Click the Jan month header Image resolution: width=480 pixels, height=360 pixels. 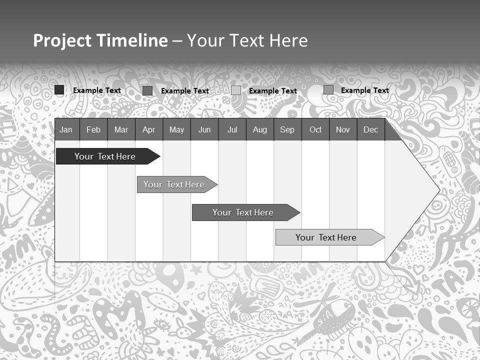pyautogui.click(x=66, y=129)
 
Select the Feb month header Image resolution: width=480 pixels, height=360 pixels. pyautogui.click(x=93, y=129)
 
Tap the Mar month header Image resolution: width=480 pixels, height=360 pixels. pyautogui.click(x=121, y=129)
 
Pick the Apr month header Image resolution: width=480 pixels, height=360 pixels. pyautogui.click(x=149, y=129)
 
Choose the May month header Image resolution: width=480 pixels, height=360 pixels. pyautogui.click(x=176, y=129)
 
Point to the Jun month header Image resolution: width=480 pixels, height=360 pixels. pyautogui.click(x=204, y=129)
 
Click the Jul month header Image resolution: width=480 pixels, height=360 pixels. pyautogui.click(x=232, y=129)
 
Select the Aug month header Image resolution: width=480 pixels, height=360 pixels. pyautogui.click(x=260, y=129)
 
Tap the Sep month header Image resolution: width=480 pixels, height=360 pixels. pyautogui.click(x=287, y=129)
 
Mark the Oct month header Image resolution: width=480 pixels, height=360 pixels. pyautogui.click(x=315, y=129)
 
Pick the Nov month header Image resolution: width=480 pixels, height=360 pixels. pyautogui.click(x=343, y=129)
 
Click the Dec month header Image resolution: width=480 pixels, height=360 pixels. pyautogui.click(x=371, y=129)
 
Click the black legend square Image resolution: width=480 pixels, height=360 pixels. pyautogui.click(x=59, y=90)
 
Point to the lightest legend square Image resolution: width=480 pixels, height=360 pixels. pyautogui.click(x=236, y=90)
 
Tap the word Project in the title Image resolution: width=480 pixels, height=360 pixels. pyautogui.click(x=62, y=40)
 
